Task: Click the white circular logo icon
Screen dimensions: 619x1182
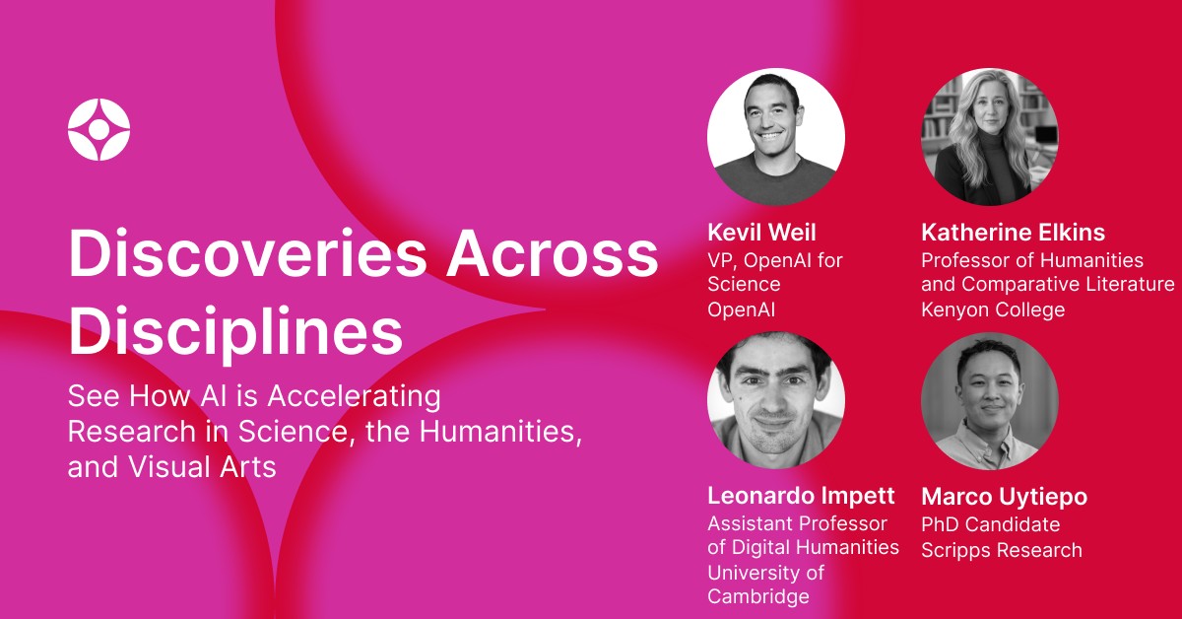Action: (98, 129)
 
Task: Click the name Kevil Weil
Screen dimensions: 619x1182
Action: (761, 233)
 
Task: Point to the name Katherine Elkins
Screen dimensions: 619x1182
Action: (1013, 233)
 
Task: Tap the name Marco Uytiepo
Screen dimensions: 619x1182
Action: (1004, 496)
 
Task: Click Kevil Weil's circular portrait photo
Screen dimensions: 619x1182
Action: (776, 137)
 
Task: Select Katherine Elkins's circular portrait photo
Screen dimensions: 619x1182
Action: (989, 137)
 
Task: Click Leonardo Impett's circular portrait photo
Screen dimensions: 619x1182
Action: (776, 400)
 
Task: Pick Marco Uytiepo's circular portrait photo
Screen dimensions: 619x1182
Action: (989, 400)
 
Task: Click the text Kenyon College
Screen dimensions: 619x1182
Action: (993, 309)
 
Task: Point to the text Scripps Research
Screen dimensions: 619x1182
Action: (1001, 550)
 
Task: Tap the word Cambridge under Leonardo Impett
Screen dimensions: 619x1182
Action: (757, 596)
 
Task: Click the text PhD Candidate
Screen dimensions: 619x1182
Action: (990, 524)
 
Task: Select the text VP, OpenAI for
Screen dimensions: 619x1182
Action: (775, 260)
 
